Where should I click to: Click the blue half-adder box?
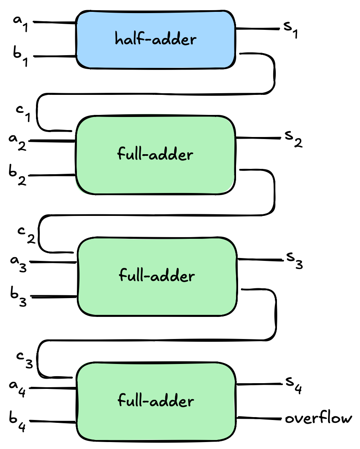(x=155, y=39)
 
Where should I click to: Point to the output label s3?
(x=294, y=260)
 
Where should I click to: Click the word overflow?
(x=318, y=418)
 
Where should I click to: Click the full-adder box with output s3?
(x=156, y=276)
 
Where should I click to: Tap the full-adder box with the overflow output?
(x=155, y=401)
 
